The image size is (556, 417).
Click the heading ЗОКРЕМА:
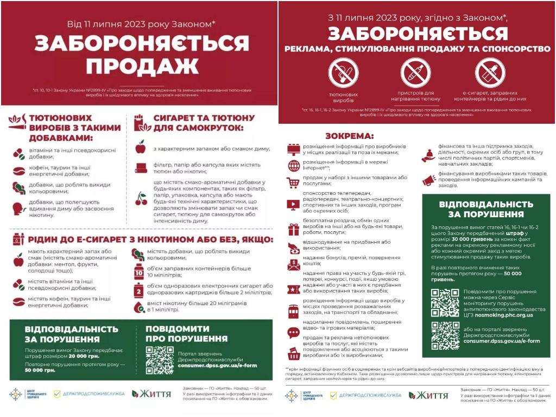(x=349, y=136)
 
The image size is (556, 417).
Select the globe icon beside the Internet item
(x=294, y=166)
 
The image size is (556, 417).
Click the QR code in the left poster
(x=160, y=359)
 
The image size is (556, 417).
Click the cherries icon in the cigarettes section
(x=141, y=198)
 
